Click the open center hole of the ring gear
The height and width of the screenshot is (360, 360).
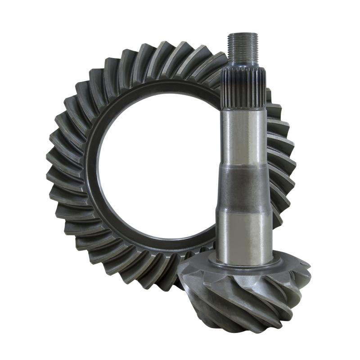pyautogui.click(x=153, y=171)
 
